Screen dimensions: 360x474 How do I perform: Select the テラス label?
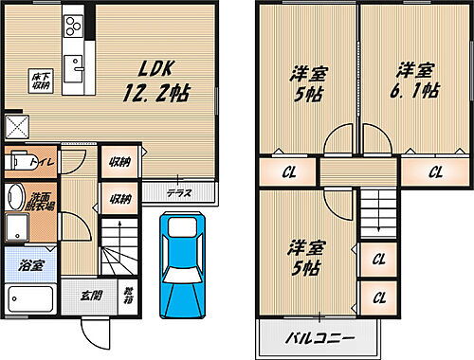(x=179, y=193)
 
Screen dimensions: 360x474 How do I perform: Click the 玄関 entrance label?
(x=89, y=295)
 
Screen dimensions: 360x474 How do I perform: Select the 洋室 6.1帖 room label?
(x=416, y=81)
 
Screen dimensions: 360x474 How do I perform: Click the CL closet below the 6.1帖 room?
(x=435, y=171)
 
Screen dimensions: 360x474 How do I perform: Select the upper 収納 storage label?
(x=118, y=163)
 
